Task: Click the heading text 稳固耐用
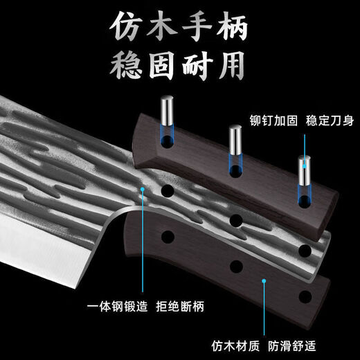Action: tap(180, 68)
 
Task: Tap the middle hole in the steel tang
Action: tap(236, 219)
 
